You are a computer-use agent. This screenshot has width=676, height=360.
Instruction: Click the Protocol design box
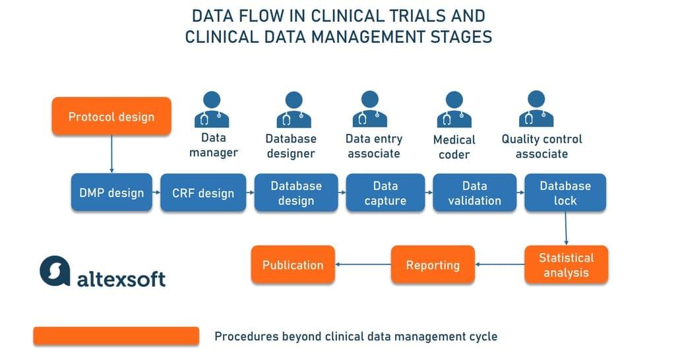click(111, 117)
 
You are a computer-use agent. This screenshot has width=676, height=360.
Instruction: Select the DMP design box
click(111, 193)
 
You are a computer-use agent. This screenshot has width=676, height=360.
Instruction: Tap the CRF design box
click(202, 193)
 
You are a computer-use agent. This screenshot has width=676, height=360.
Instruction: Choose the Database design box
click(296, 193)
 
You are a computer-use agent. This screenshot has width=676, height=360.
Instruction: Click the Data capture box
click(386, 193)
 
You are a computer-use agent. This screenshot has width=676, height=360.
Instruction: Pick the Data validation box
click(474, 193)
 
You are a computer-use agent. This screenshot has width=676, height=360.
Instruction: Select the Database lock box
click(565, 193)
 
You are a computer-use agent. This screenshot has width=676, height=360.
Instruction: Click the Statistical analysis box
click(565, 265)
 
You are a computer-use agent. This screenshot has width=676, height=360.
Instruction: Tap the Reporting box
click(433, 265)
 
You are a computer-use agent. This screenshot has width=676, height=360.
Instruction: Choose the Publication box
click(293, 265)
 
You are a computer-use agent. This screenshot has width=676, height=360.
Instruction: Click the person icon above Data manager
click(212, 109)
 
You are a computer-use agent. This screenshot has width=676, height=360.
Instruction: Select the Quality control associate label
click(541, 146)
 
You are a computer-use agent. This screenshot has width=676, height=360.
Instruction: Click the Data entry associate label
click(373, 146)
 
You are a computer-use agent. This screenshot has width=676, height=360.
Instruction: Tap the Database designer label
click(291, 146)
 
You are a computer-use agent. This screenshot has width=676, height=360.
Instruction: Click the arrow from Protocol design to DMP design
click(111, 154)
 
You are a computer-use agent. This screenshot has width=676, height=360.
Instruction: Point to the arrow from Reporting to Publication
click(363, 265)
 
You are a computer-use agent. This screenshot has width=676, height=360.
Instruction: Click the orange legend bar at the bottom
click(116, 336)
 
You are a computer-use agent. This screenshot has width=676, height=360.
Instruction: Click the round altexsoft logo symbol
click(55, 270)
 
